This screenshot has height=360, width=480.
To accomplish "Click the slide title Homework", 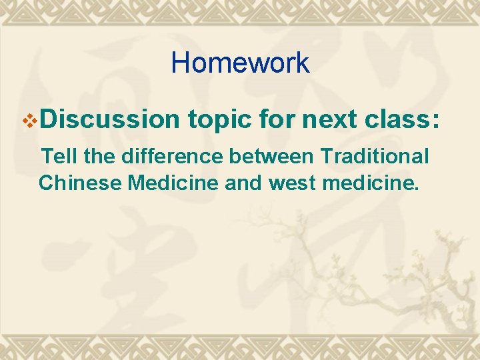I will pos(240,63).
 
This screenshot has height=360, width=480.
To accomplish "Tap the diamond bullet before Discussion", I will pos(29,120).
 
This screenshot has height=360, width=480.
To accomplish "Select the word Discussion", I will pos(111,119).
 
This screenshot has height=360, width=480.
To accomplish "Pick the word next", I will pos(331,120).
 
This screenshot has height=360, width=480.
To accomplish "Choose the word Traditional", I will pos(375,157).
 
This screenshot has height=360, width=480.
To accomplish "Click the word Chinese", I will pos(80,182).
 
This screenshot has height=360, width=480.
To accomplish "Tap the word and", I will pos(245,182).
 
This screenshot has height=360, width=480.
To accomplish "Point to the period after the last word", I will pos(417,189).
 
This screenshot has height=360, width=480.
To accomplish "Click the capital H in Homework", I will pos(180,63).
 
